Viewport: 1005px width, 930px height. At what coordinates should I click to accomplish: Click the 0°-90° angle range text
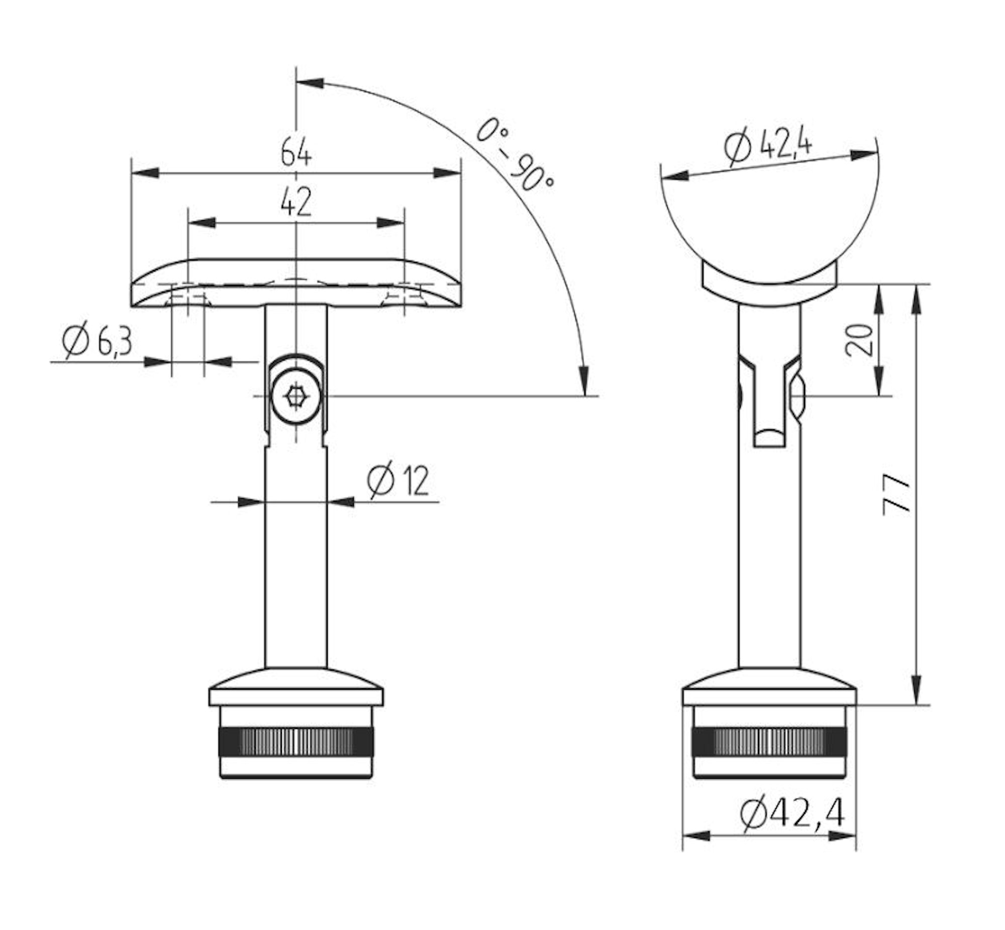tap(513, 154)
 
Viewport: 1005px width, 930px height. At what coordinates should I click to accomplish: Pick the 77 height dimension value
tap(897, 494)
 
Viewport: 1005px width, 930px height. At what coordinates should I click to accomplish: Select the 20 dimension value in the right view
tap(859, 340)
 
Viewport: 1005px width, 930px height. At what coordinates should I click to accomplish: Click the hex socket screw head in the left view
tap(294, 396)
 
